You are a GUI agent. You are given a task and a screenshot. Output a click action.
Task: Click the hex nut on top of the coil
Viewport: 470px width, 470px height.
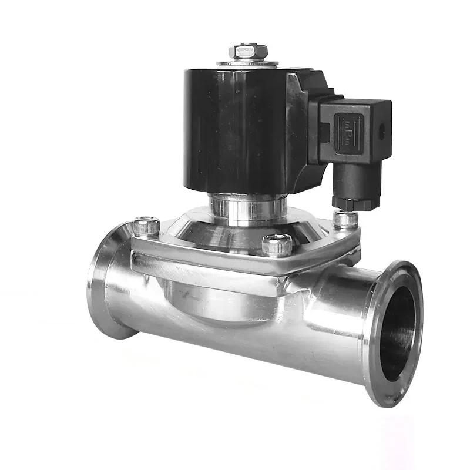coord(248,51)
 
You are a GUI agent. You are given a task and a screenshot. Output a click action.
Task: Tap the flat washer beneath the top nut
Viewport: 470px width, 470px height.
coord(248,61)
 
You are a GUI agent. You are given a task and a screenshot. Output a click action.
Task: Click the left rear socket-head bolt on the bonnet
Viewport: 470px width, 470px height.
coord(146,226)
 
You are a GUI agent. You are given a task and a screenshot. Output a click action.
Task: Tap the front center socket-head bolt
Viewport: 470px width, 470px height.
coord(276,244)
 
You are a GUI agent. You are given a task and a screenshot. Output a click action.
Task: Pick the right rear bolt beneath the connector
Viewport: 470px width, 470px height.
coord(345,219)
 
